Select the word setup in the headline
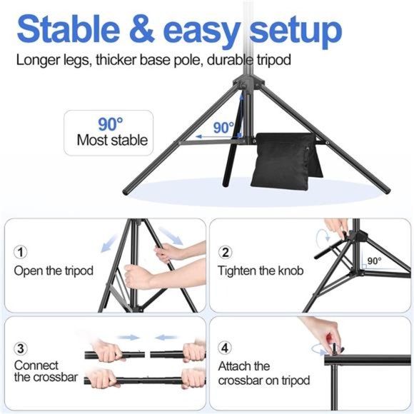click(292, 30)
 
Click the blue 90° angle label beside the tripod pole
click(223, 128)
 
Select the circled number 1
click(21, 253)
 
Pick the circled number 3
click(21, 348)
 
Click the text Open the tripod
click(54, 271)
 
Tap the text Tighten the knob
click(261, 271)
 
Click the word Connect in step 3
click(36, 365)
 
